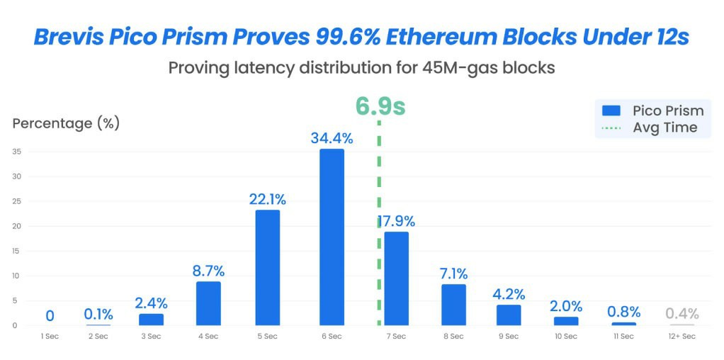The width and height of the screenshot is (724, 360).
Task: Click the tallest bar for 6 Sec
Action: (x=332, y=237)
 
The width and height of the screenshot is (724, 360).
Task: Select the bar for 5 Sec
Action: (x=267, y=267)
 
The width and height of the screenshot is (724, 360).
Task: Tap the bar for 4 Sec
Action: (x=208, y=303)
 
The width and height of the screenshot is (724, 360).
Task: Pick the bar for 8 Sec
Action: (x=453, y=305)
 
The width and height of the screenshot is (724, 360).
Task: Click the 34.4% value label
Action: (x=332, y=138)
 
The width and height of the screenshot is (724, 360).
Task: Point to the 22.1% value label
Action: (x=267, y=199)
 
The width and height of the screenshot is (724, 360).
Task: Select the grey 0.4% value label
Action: (x=682, y=313)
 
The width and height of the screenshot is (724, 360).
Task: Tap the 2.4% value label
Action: (x=151, y=303)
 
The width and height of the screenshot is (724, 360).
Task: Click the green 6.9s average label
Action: (x=380, y=106)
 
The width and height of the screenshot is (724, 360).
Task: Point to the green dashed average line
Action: (x=379, y=177)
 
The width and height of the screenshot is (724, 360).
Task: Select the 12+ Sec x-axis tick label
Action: (x=682, y=336)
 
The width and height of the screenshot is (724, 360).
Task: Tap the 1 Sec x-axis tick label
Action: (x=50, y=336)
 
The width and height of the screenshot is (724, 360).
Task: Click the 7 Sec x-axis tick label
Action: (x=395, y=336)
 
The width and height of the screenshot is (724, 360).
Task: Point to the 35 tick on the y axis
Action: (x=16, y=151)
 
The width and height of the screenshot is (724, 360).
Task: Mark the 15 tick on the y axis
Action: (x=16, y=251)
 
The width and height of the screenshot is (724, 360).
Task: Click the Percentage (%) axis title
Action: (x=66, y=123)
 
